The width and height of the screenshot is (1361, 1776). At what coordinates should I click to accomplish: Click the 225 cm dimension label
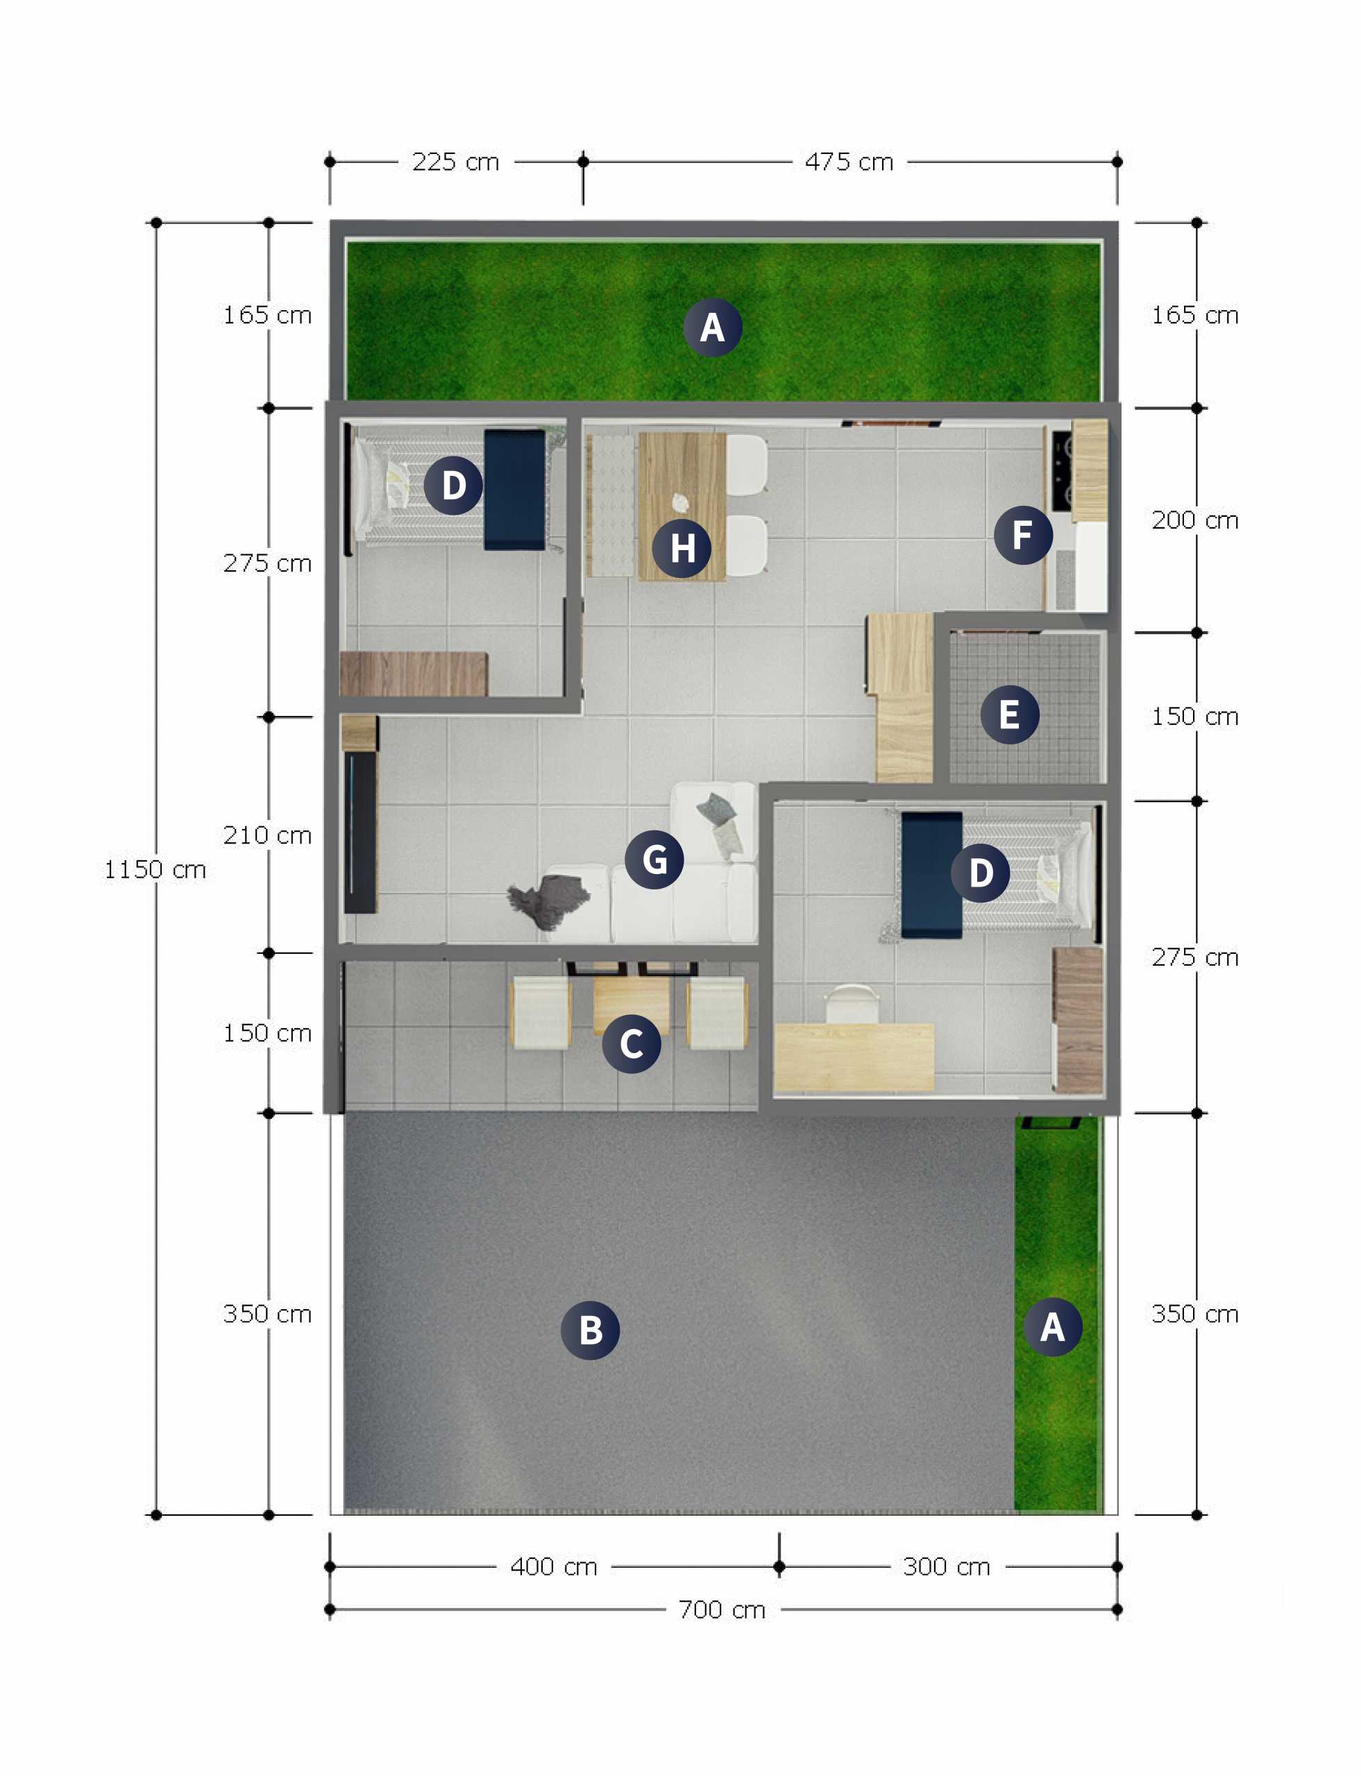455,162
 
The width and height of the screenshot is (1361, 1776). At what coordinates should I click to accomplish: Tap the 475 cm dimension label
849,162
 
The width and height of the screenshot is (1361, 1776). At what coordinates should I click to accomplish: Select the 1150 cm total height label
155,870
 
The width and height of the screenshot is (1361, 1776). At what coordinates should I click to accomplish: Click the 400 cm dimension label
554,1566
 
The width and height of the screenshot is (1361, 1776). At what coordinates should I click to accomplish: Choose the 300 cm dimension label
947,1566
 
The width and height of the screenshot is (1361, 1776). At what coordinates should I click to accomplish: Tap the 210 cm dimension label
267,835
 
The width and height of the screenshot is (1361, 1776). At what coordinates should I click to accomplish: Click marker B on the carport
591,1330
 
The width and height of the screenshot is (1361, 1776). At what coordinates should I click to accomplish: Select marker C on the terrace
632,1044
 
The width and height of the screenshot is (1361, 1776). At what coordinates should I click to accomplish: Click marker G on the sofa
654,860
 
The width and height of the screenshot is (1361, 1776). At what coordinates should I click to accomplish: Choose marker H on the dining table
682,548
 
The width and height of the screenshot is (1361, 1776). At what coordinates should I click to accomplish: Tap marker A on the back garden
712,327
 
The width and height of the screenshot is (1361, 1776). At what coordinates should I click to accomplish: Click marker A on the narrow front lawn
1052,1326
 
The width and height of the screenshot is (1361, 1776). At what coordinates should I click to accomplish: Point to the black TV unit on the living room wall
360,832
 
